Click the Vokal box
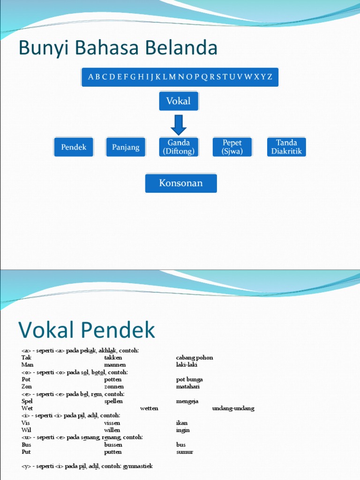pos(179,101)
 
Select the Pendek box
pos(74,147)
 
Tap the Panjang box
pos(126,147)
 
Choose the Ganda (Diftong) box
pos(179,147)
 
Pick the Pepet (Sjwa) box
pos(232,147)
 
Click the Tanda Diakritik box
pos(286,147)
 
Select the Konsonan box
pos(181,183)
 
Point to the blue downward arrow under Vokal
pos(179,124)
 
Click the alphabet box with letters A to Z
pos(180,77)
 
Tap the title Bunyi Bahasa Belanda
pos(118,48)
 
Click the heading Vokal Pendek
pos(87,330)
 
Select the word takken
pos(113,358)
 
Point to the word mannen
pos(115,365)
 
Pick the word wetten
pos(149,408)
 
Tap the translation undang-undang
pos(233,408)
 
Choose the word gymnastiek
pos(138,466)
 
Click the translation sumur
pos(185,452)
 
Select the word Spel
pos(27,401)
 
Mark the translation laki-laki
pos(187,365)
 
